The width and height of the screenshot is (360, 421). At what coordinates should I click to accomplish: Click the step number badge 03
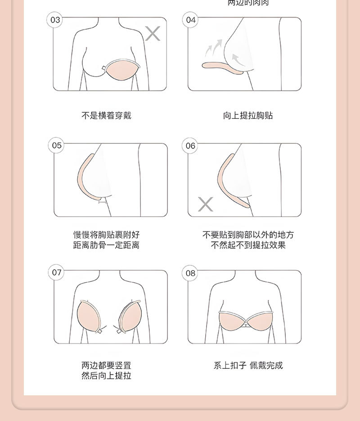tap(55, 20)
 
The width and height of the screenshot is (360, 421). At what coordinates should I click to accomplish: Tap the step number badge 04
tap(191, 20)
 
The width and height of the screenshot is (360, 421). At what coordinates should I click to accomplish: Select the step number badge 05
tap(57, 145)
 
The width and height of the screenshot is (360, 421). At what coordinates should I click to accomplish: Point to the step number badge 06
tap(191, 145)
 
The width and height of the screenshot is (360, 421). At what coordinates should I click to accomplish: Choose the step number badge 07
tap(57, 272)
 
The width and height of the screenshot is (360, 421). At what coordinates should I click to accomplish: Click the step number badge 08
tap(191, 273)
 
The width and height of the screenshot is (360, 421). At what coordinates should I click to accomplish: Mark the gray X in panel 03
tap(153, 33)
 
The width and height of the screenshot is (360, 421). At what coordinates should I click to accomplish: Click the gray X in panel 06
tap(206, 204)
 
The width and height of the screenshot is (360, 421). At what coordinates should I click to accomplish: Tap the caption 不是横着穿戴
tap(106, 116)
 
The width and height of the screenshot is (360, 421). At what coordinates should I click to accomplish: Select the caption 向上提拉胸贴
tap(248, 116)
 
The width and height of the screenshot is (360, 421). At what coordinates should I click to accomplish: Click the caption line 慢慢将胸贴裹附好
tap(106, 235)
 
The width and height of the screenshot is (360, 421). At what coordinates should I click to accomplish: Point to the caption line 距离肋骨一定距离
tap(106, 245)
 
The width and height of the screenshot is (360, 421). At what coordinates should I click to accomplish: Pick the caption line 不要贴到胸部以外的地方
tap(248, 235)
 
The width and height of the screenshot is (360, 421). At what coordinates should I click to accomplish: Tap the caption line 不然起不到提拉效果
tap(248, 245)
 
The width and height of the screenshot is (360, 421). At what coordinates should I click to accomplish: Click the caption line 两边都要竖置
tap(106, 366)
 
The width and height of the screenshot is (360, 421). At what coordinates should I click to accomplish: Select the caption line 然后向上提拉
tap(106, 376)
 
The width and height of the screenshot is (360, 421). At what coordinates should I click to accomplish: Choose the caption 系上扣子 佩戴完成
tap(248, 366)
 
